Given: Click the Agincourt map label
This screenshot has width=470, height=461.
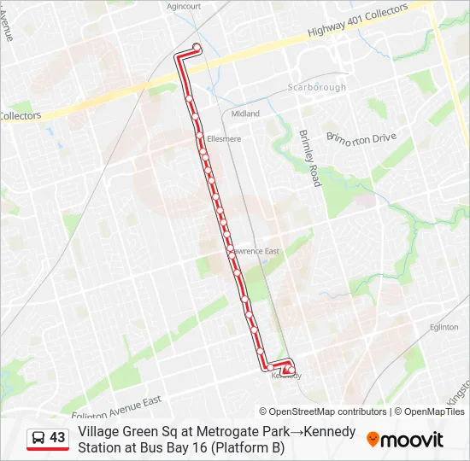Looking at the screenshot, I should (x=184, y=5).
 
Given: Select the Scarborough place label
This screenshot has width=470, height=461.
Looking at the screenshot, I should (x=317, y=87).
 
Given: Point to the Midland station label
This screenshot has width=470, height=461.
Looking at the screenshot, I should (x=245, y=114).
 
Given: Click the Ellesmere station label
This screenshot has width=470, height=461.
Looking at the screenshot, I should (x=224, y=138).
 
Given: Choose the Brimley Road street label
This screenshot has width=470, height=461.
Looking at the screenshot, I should (x=308, y=159).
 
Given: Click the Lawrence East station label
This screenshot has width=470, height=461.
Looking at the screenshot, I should (x=256, y=251).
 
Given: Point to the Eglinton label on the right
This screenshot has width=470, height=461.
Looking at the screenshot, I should (x=444, y=326).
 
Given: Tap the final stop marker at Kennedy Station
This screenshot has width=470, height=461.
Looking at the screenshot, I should (x=289, y=370).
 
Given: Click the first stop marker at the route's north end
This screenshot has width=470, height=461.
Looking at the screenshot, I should (x=197, y=47).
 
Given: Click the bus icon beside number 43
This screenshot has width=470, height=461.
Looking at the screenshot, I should (x=38, y=438).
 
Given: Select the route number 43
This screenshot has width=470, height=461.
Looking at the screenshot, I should (x=57, y=438).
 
